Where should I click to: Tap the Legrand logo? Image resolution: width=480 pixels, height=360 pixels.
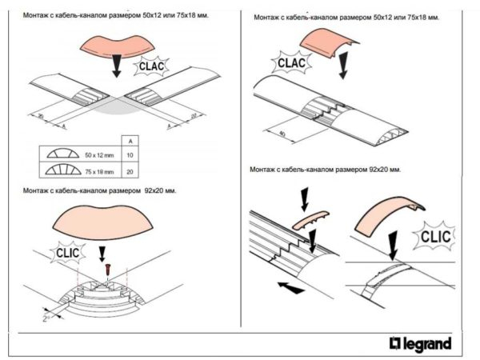tap(420, 344)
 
